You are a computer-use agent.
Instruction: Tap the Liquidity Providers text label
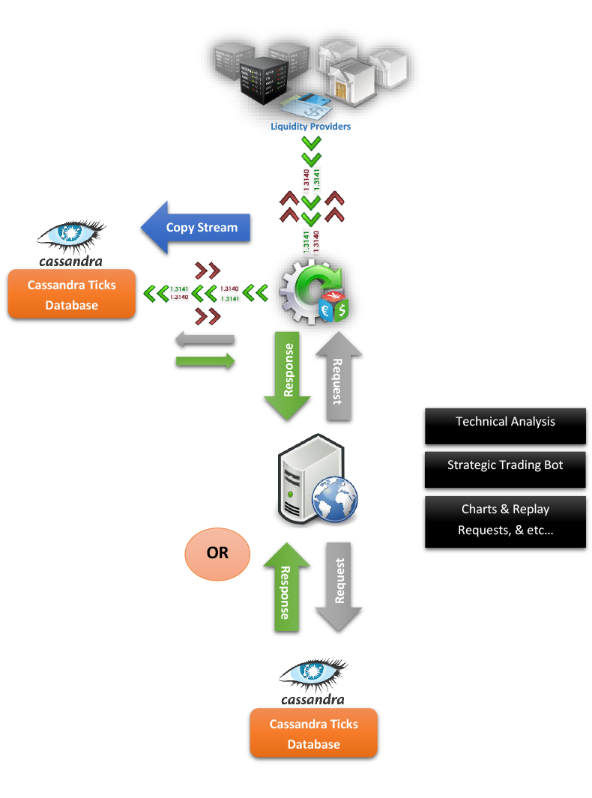tap(311, 127)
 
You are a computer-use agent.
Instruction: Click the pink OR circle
tap(217, 553)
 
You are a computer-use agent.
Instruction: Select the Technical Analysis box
tap(505, 421)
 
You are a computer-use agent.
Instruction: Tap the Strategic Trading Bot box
tap(505, 465)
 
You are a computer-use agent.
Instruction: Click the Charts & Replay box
tap(505, 509)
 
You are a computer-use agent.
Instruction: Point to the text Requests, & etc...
tap(505, 531)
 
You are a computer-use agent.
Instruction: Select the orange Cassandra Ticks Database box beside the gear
tap(71, 294)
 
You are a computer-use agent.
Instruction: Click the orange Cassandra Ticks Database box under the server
tap(313, 734)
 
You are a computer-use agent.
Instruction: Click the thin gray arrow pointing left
tap(205, 339)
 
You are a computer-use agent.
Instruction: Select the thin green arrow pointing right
tap(205, 361)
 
